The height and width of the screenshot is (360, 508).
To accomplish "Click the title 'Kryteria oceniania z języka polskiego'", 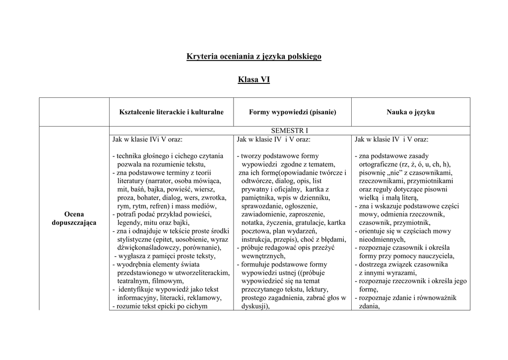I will (x=254, y=57).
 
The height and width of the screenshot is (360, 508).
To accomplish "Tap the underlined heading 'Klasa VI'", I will (x=254, y=79).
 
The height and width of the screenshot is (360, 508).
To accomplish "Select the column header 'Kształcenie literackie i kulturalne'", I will (x=172, y=112).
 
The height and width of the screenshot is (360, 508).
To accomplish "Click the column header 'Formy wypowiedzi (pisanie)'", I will (x=293, y=112).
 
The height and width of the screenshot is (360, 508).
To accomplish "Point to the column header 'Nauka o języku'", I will (x=411, y=112).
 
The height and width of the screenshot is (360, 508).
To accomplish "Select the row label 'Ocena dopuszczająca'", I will (x=74, y=218).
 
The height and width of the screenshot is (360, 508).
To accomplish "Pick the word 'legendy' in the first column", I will (x=129, y=223).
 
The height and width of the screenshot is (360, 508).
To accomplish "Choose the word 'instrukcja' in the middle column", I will (x=256, y=240).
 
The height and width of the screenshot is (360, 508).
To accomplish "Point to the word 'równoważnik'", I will (x=438, y=298).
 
